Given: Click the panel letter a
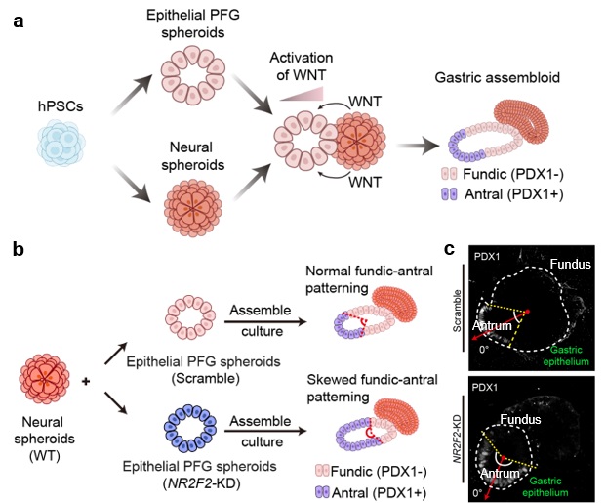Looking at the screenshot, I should point(17,20).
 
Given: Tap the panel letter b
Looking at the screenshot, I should point(18,252).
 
